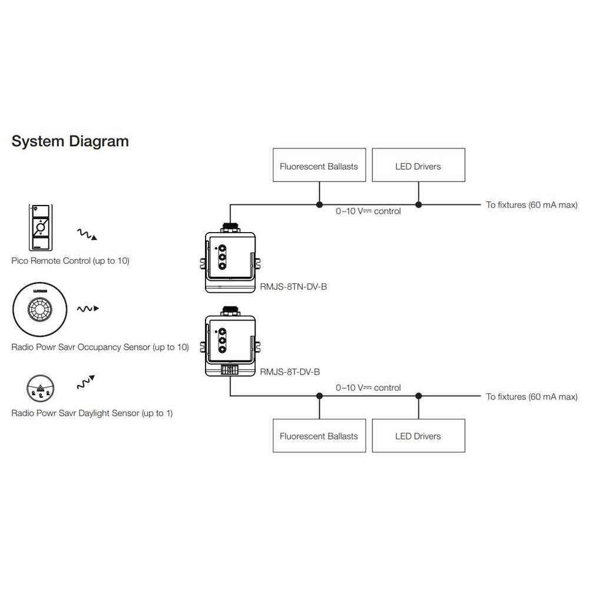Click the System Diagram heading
[x=70, y=141]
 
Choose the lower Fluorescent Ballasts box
[x=319, y=436]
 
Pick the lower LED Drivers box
[x=418, y=436]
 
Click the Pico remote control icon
[x=40, y=229]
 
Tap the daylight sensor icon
[x=40, y=388]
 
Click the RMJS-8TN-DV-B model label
[x=293, y=287]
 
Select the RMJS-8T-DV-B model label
[x=290, y=372]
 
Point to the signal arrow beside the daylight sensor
[x=86, y=382]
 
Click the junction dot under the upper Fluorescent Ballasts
[x=319, y=205]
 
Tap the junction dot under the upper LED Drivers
[x=419, y=205]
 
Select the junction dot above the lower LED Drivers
[x=419, y=396]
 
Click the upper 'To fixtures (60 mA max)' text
[x=531, y=205]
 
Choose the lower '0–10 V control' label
[x=368, y=388]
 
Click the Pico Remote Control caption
[x=70, y=260]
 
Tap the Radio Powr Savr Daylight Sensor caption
[x=92, y=413]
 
